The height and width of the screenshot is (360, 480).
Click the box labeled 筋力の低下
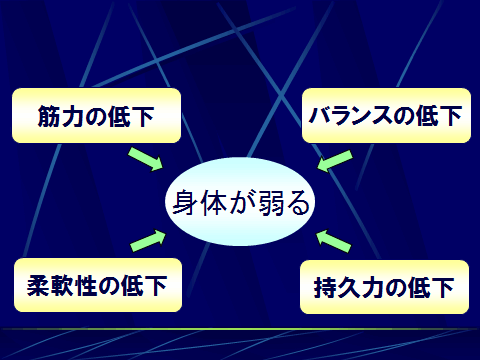(x=96, y=115)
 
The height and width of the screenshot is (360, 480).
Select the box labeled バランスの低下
(x=384, y=115)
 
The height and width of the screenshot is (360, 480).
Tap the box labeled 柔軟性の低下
(x=97, y=285)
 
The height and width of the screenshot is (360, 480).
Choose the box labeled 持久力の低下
(x=384, y=290)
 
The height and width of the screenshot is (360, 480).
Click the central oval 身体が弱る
(x=240, y=204)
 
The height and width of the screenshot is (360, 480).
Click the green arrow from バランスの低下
(x=335, y=159)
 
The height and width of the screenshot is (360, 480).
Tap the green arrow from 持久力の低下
(x=334, y=241)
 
